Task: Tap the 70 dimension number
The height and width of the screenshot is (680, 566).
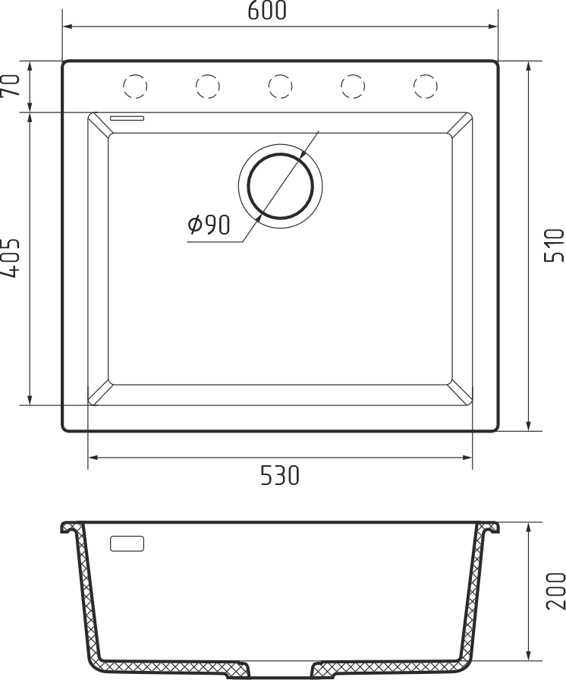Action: point(11,86)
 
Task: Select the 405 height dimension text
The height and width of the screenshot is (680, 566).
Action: point(11,258)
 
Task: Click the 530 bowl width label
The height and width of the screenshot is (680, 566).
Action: point(280,477)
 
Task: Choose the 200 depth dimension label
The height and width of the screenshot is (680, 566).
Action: point(555,590)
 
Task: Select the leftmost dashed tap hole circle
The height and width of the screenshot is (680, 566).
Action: point(134,87)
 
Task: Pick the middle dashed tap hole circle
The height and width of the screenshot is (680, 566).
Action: point(279,87)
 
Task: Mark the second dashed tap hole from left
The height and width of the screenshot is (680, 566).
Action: point(206,87)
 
